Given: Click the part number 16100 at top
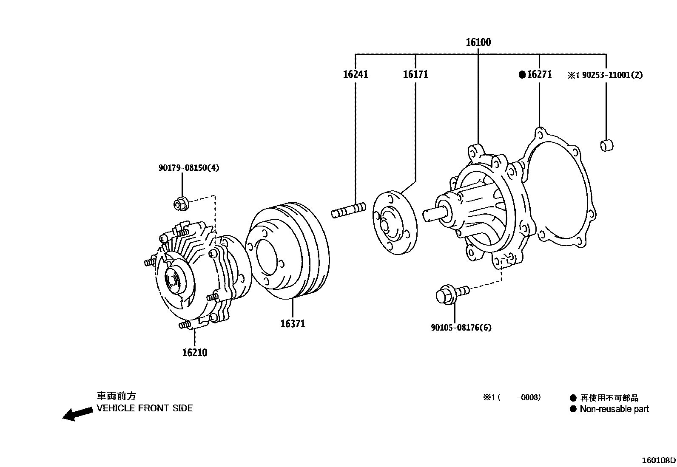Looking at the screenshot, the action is point(478,42).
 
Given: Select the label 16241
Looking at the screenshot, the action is point(356,74).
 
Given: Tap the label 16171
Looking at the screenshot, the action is point(415,74).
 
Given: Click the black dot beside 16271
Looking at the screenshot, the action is point(522,75).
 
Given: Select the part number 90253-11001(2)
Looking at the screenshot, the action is point(612,75).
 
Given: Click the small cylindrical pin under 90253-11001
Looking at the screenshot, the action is point(606,145).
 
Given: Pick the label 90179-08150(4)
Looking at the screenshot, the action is point(189,168).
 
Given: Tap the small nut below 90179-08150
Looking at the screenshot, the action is point(181,204).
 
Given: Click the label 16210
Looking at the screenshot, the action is point(195,353).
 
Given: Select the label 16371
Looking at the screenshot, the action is point(293,324).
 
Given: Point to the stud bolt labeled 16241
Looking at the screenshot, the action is point(349,210).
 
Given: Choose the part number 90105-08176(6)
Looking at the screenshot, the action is point(461,328).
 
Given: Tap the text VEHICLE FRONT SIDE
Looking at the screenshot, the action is point(145,408).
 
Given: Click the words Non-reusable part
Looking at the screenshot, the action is point(614,409).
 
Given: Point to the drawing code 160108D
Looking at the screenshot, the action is point(659,460).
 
